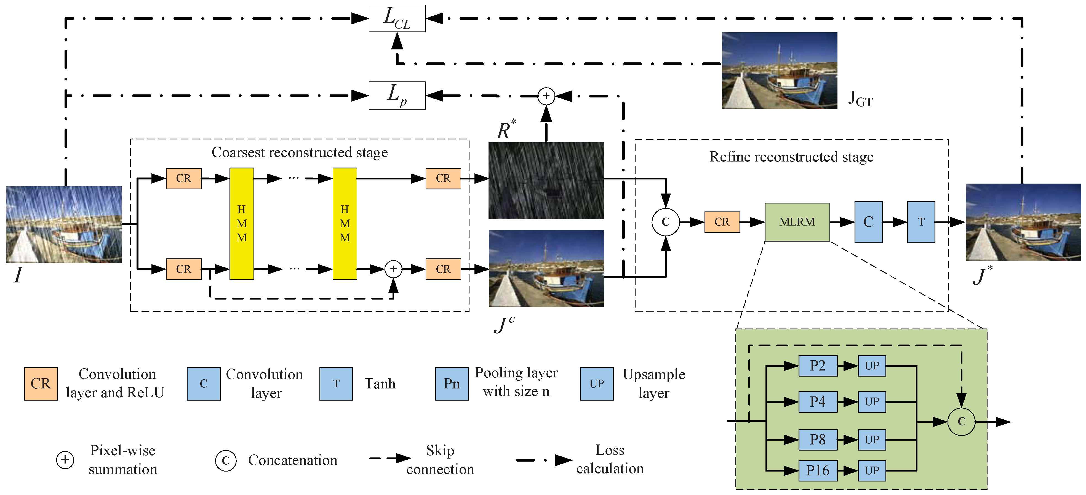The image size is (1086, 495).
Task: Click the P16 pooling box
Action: (818, 470)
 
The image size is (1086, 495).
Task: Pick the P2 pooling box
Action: (818, 366)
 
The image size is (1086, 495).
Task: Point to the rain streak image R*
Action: (546, 181)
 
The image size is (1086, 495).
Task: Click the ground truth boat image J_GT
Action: (780, 70)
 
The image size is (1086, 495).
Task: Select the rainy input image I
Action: (64, 224)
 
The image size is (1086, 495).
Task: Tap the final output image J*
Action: (1024, 222)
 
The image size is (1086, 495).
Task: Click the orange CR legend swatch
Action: (41, 383)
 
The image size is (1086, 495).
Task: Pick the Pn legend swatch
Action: (452, 383)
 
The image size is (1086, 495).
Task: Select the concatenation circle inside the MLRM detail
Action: (961, 421)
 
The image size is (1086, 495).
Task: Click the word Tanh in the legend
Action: (380, 383)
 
